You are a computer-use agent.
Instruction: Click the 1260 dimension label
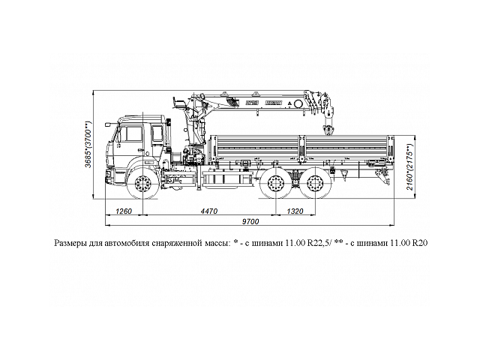click(x=124, y=212)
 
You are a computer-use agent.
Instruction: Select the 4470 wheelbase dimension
click(x=209, y=212)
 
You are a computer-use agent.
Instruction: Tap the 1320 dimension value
click(x=295, y=212)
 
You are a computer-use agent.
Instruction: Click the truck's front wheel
click(x=142, y=184)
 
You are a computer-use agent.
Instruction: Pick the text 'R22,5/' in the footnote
click(x=308, y=244)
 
